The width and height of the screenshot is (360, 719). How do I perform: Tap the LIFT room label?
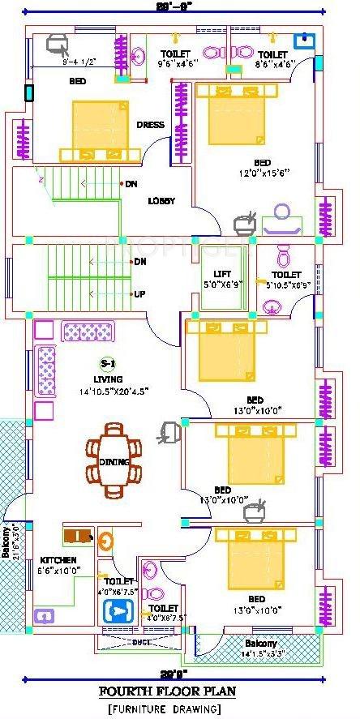pyautogui.click(x=223, y=274)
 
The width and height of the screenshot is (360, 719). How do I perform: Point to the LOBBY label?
pyautogui.click(x=162, y=201)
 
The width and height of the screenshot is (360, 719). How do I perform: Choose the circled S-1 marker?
pyautogui.click(x=105, y=363)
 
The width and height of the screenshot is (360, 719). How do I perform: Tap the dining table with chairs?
pyautogui.click(x=114, y=460)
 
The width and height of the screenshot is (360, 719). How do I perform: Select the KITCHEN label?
pyautogui.click(x=58, y=560)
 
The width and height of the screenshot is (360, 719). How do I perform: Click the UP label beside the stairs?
pyautogui.click(x=139, y=294)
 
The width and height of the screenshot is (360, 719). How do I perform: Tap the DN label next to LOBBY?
pyautogui.click(x=131, y=184)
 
